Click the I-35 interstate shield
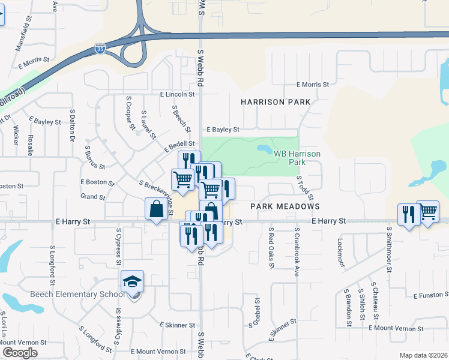point(100,49)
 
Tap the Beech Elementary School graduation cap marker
point(133,281)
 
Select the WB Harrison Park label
point(297,158)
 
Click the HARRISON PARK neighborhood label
point(276,102)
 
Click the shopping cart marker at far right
point(427,211)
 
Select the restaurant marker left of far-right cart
point(408,215)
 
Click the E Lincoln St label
point(177,94)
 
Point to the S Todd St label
point(305,188)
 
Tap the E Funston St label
point(431,296)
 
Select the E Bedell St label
point(179,144)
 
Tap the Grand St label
point(93,197)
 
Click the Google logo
point(20,353)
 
